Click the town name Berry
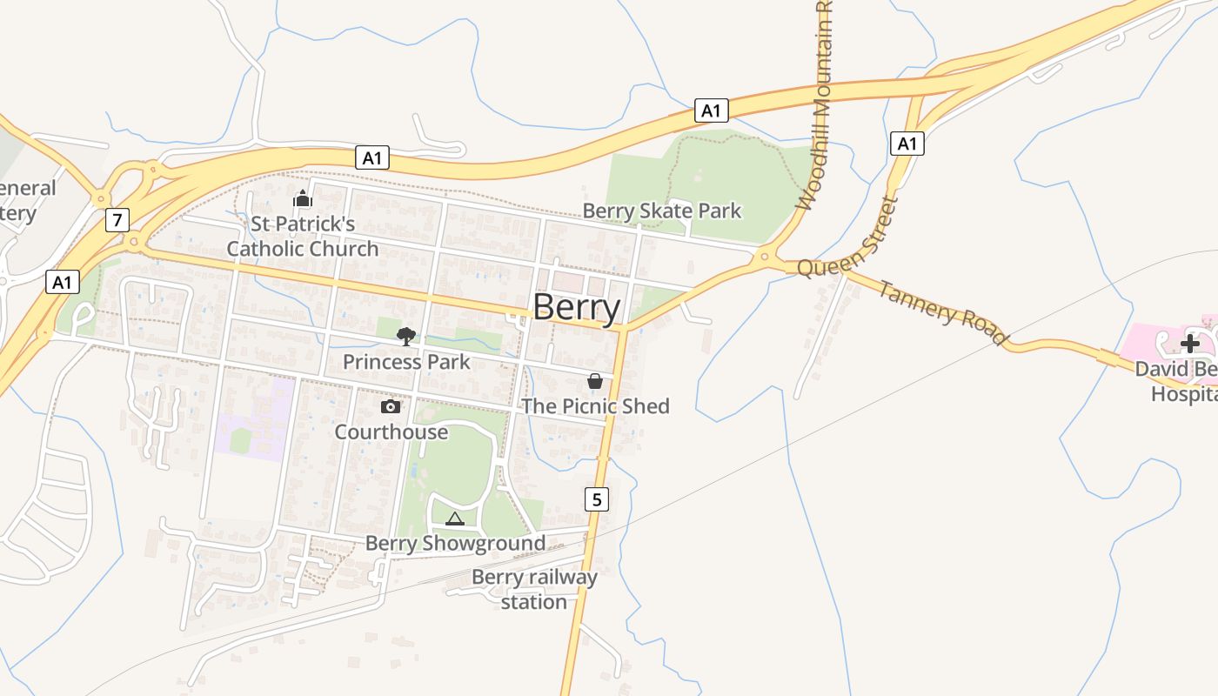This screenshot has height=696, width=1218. tap(576, 307)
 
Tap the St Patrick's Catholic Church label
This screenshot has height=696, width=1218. tap(303, 237)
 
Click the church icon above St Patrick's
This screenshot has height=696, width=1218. tap(302, 199)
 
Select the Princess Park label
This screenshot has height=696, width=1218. tap(406, 362)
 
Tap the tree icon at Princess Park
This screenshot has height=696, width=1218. tap(405, 337)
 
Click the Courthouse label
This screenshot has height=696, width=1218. tap(391, 432)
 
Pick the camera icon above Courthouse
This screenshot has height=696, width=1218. tap(391, 406)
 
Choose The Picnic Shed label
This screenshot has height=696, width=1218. tap(595, 406)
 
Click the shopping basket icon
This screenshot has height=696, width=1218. tap(595, 381)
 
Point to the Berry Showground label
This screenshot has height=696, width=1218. tap(455, 544)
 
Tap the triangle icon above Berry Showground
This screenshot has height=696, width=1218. tap(454, 519)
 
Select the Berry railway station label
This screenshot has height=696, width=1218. tap(534, 590)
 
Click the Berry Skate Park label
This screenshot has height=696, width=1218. tap(661, 211)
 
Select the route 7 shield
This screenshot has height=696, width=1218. tap(117, 220)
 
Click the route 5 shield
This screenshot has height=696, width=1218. tap(596, 499)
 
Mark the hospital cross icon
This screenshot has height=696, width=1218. tap(1189, 343)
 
